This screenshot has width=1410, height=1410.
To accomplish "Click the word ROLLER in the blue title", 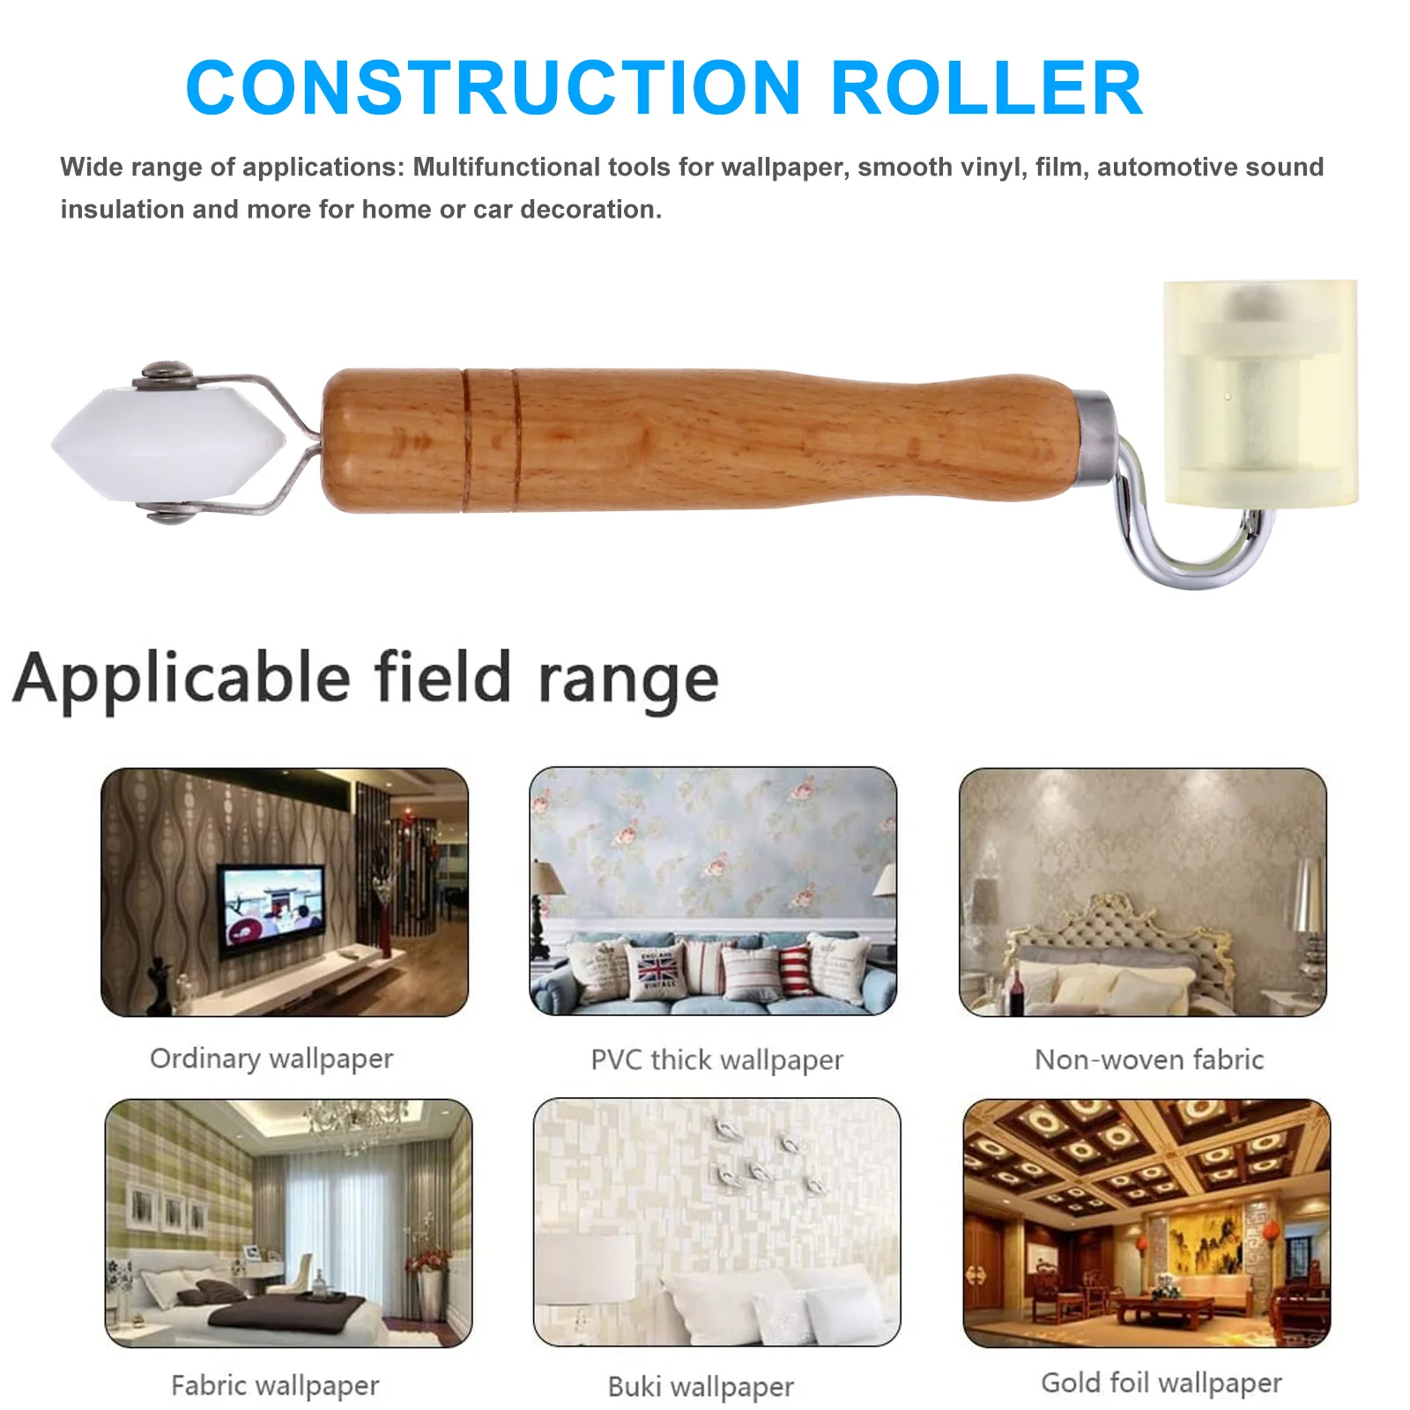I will point(986,88).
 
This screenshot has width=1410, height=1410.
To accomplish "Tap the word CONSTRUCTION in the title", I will point(493,88).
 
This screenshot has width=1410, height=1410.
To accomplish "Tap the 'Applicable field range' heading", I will point(366,679).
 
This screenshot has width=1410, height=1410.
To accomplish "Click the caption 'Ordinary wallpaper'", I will point(271,1058).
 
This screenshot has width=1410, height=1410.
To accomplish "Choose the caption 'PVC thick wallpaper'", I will point(716,1060).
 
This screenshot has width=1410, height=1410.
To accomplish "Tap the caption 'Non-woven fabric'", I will point(1149,1059).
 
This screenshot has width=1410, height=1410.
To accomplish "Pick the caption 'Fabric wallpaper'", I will point(275,1385).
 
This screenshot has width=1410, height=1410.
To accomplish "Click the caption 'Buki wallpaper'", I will point(701,1387).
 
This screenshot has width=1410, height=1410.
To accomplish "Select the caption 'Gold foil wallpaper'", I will point(1161,1383).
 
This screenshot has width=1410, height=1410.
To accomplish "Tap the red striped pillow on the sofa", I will point(796,969).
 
